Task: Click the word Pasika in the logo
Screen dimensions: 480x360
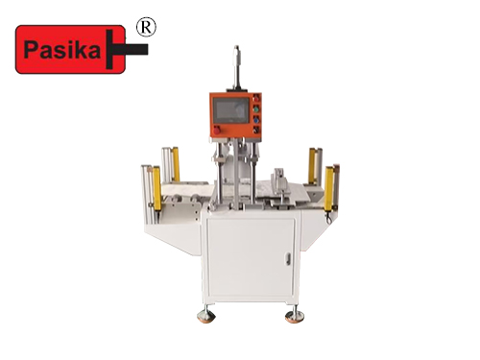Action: coord(62,51)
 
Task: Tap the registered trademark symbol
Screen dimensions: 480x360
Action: coord(146,28)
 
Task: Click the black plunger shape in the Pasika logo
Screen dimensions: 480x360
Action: coord(127,50)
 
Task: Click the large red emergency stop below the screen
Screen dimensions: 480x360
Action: coord(217,131)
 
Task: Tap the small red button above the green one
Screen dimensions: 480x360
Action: coord(256,99)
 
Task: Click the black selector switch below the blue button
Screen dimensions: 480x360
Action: coord(256,130)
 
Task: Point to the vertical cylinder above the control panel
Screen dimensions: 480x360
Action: coord(237,66)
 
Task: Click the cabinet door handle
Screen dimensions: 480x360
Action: coord(288,259)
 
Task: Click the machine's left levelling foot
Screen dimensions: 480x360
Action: coord(205,315)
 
